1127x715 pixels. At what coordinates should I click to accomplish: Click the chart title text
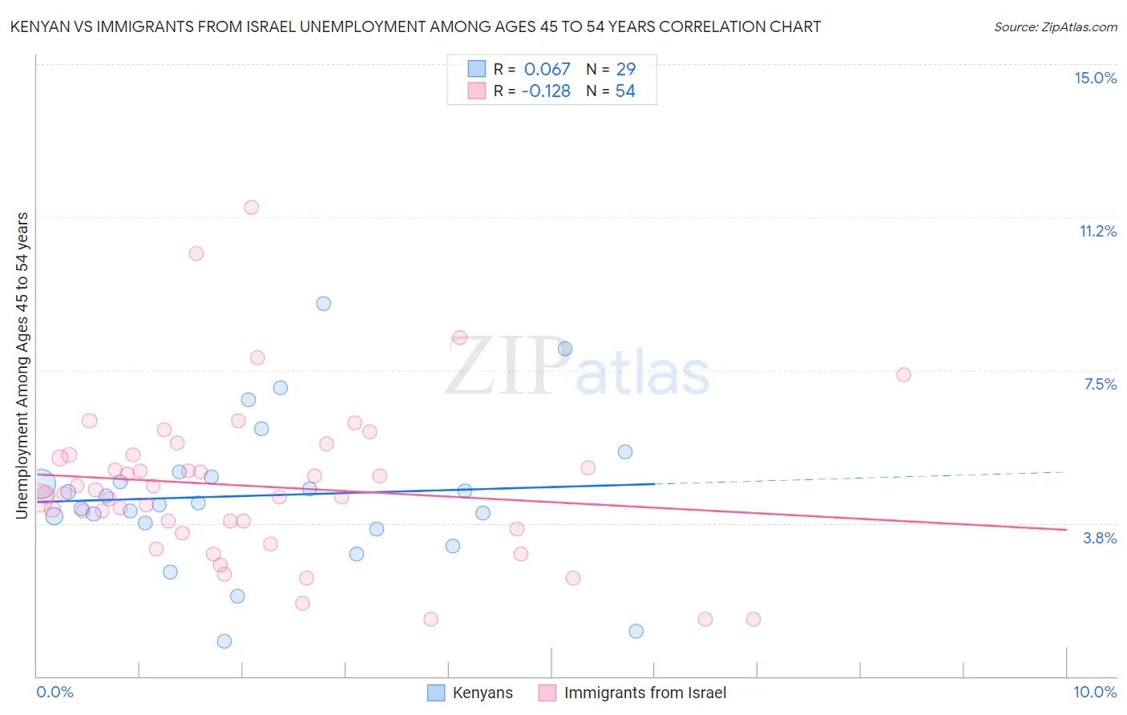tap(415, 26)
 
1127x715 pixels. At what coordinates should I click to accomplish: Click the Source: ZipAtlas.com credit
tap(1055, 26)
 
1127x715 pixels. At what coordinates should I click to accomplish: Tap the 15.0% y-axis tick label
tap(1095, 78)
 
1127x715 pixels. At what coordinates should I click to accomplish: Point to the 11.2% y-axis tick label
tap(1097, 231)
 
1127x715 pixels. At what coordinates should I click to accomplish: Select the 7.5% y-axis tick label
tap(1100, 384)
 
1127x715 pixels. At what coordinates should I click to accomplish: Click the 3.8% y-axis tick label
tap(1100, 538)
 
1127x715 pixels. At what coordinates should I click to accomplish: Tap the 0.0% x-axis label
tap(55, 692)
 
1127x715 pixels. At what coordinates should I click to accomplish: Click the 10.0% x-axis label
tap(1094, 692)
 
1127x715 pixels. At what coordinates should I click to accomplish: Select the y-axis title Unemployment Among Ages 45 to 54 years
tap(22, 366)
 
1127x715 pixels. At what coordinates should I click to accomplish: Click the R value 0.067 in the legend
tap(547, 70)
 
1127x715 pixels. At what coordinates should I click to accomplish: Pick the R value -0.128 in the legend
tap(545, 91)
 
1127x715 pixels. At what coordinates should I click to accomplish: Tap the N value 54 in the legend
tap(625, 91)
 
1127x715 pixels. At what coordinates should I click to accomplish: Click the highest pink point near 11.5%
tap(251, 207)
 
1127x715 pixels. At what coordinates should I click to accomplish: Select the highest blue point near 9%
tap(323, 303)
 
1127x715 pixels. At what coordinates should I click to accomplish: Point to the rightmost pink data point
tap(903, 374)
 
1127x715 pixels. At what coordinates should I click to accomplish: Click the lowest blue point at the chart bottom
tap(224, 641)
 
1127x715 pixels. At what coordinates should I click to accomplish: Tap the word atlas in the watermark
tap(643, 374)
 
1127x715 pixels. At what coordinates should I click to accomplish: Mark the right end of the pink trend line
tap(1066, 529)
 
